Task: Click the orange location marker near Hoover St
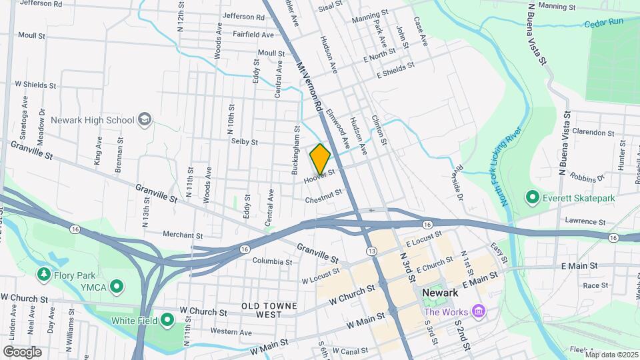(x=320, y=159)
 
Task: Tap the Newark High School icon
(x=144, y=120)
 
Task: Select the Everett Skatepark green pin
(x=532, y=197)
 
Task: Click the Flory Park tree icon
(x=44, y=274)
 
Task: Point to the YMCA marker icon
(x=117, y=287)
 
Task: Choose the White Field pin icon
(x=167, y=321)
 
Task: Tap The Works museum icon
(x=478, y=311)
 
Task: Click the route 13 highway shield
(x=371, y=249)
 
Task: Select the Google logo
(x=22, y=351)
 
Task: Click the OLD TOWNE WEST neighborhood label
(x=271, y=309)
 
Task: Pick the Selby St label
(x=244, y=141)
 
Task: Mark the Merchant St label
(x=183, y=235)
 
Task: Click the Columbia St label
(x=272, y=261)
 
